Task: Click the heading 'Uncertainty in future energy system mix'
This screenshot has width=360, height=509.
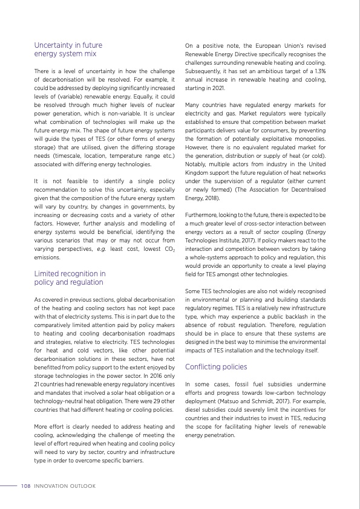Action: click(68, 50)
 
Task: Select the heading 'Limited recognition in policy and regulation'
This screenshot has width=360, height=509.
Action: click(70, 277)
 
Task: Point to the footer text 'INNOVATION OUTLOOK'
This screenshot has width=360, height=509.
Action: click(64, 485)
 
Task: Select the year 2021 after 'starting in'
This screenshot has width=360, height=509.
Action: click(218, 88)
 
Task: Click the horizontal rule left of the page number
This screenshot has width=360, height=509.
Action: click(8, 485)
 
